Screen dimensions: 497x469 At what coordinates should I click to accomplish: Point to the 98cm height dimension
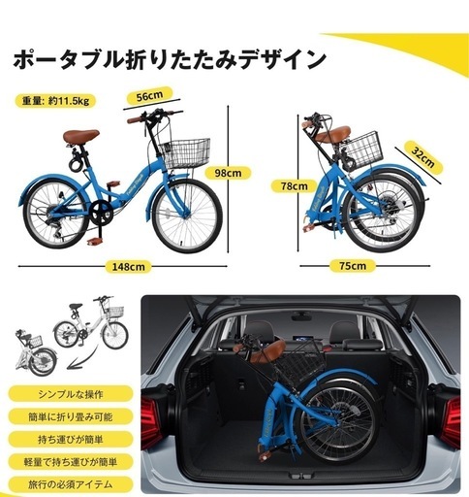click(x=227, y=173)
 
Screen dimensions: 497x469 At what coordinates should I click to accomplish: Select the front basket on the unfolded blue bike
click(x=185, y=151)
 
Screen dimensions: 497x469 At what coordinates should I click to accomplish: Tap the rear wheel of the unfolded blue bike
click(x=47, y=215)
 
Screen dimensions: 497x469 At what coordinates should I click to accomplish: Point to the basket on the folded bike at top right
click(x=361, y=147)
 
